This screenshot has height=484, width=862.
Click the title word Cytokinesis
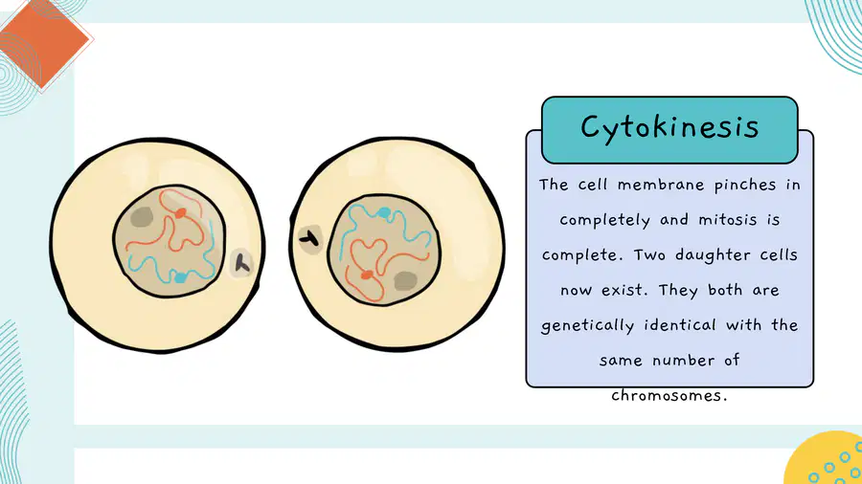pyautogui.click(x=669, y=128)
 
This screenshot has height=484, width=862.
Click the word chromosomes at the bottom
pyautogui.click(x=669, y=395)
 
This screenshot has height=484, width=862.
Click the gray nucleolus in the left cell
pyautogui.click(x=142, y=217)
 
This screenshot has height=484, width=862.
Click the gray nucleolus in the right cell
pyautogui.click(x=405, y=281)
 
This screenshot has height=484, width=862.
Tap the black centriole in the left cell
pyautogui.click(x=242, y=264)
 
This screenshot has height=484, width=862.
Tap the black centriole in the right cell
pyautogui.click(x=309, y=239)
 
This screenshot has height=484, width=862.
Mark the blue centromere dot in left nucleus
pyautogui.click(x=180, y=277)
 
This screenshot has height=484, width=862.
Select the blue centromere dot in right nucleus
pyautogui.click(x=384, y=212)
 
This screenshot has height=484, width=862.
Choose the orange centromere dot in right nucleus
pyautogui.click(x=367, y=275)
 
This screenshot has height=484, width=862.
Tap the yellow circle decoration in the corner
pyautogui.click(x=826, y=460)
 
